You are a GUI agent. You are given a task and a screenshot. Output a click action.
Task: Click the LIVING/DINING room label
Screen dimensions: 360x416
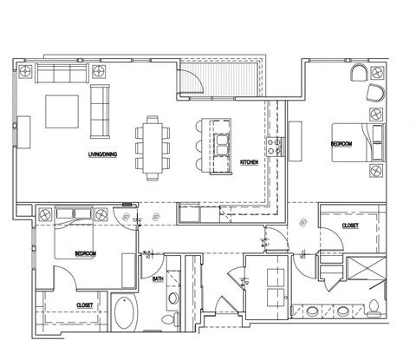(103, 156)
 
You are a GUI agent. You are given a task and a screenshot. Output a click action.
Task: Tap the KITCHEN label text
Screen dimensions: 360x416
(250, 162)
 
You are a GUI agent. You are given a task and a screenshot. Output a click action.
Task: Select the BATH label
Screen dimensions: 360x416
(159, 279)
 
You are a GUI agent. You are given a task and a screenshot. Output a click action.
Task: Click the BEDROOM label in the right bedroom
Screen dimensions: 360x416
(341, 144)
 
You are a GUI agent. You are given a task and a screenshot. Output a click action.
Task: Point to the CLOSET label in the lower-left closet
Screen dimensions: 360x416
(84, 304)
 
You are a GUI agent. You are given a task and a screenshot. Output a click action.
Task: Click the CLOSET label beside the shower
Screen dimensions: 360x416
(350, 226)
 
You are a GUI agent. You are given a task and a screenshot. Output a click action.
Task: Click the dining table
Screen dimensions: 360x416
(152, 147)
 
